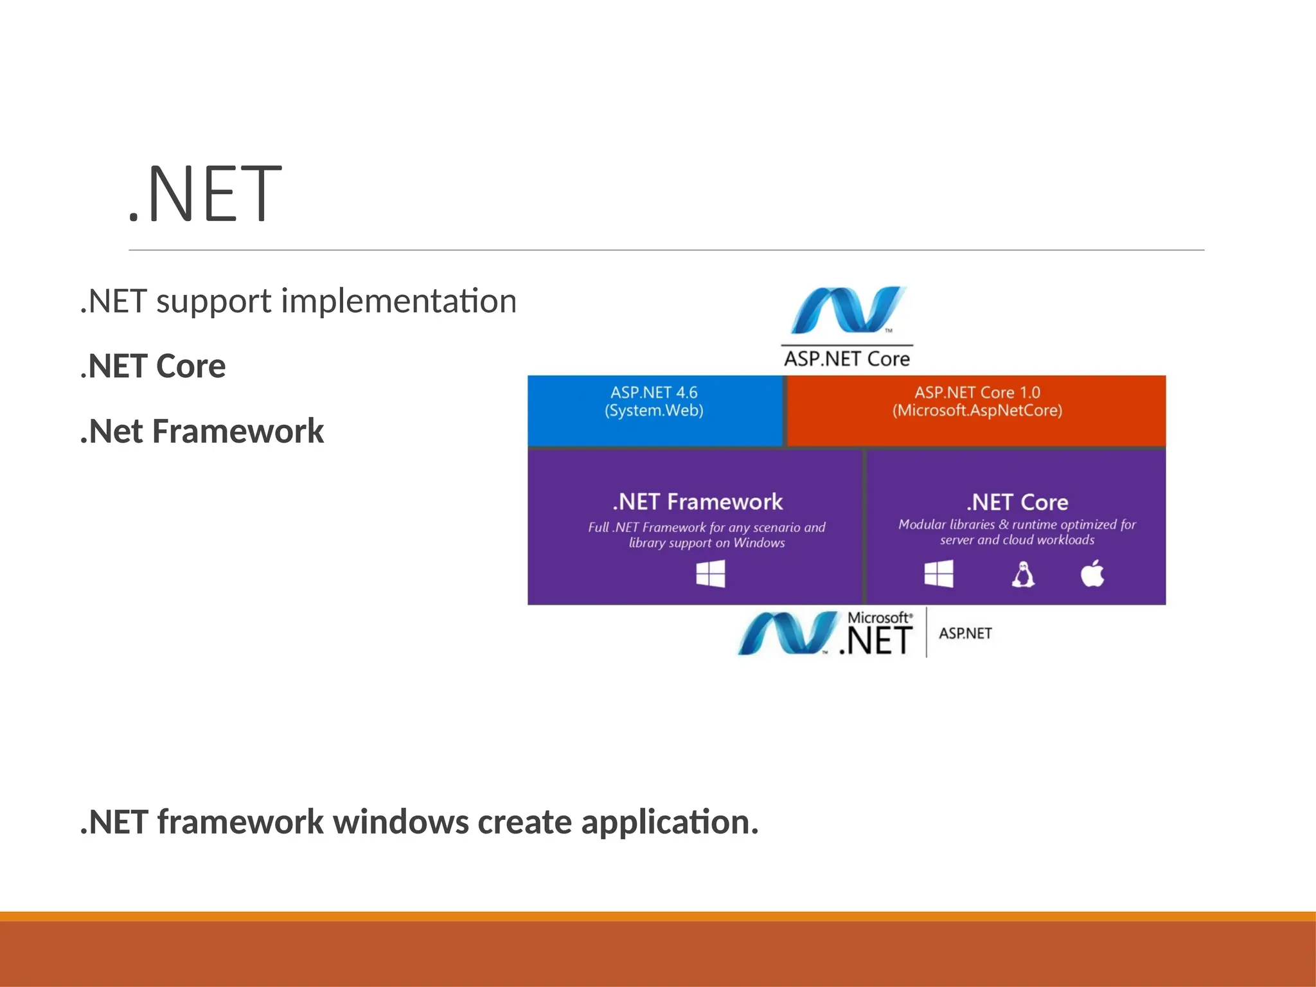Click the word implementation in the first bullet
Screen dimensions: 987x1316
point(398,301)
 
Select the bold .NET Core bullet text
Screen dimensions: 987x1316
point(153,366)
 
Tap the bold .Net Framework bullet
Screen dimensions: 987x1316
point(202,431)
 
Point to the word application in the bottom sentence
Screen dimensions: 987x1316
point(669,822)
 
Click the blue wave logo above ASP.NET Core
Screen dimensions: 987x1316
point(847,310)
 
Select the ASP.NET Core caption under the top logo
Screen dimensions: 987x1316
point(847,359)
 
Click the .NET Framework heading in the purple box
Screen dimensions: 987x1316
point(698,502)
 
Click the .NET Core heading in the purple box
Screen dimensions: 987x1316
point(1017,502)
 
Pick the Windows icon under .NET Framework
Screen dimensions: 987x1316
point(711,574)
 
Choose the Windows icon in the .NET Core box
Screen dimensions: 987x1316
point(939,574)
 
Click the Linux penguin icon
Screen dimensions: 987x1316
point(1023,574)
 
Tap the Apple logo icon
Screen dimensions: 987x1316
point(1092,573)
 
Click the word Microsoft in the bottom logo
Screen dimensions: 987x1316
point(878,618)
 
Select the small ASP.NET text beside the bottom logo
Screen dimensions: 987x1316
point(965,634)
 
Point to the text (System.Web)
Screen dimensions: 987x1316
point(654,411)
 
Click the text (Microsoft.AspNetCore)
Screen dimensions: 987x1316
point(977,411)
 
